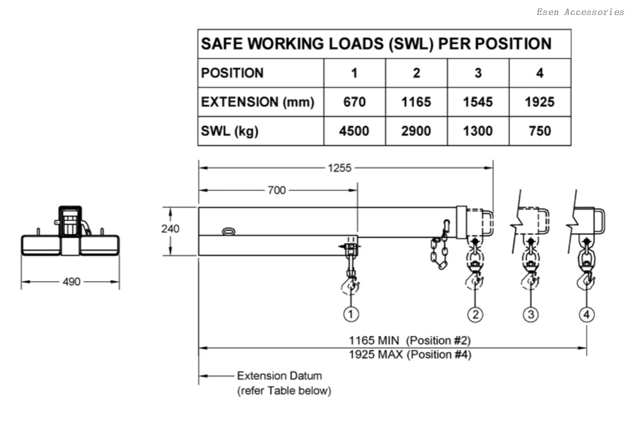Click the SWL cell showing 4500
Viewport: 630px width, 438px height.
tap(354, 131)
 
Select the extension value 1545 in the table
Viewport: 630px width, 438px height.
tap(478, 102)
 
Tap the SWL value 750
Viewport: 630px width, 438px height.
tap(540, 131)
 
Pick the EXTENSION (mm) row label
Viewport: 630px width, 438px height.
tap(257, 102)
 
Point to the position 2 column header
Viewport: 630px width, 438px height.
tap(416, 73)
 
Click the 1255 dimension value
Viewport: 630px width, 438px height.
tap(339, 168)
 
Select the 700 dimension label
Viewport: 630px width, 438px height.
tap(276, 190)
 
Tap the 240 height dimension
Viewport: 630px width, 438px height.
tap(170, 229)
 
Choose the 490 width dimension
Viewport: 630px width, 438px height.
tap(72, 282)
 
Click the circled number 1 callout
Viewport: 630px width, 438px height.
tap(351, 314)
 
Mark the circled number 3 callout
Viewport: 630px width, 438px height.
tap(531, 314)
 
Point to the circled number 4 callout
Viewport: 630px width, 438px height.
tap(587, 314)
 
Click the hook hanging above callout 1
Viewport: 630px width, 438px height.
tap(351, 285)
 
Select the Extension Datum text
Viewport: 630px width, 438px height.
tap(279, 376)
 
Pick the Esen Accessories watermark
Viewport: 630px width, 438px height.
tap(580, 12)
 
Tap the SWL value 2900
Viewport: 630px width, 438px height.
tap(416, 131)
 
